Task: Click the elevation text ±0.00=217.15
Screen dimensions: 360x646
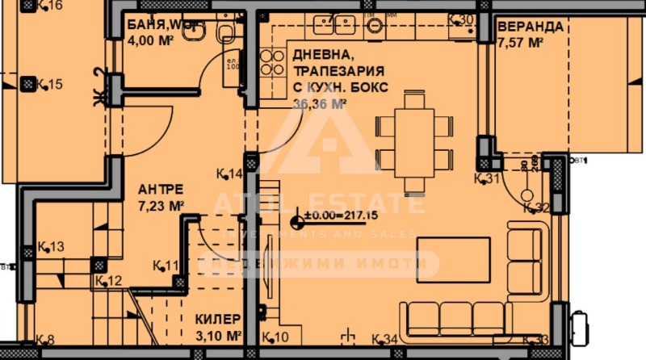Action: [x=342, y=216]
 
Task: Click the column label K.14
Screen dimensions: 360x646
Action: [x=230, y=174]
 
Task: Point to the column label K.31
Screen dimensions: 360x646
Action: [x=489, y=178]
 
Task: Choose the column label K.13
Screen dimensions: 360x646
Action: [x=51, y=246]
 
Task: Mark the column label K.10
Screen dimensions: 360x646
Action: [x=275, y=337]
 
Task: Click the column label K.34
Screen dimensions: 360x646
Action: [x=384, y=338]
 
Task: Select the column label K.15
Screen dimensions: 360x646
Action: [x=49, y=84]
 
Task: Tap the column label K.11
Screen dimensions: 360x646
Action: [x=166, y=265]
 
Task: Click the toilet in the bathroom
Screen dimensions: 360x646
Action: [x=227, y=31]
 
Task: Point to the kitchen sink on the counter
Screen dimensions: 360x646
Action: [x=375, y=25]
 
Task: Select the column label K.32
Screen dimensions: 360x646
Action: [x=535, y=207]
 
